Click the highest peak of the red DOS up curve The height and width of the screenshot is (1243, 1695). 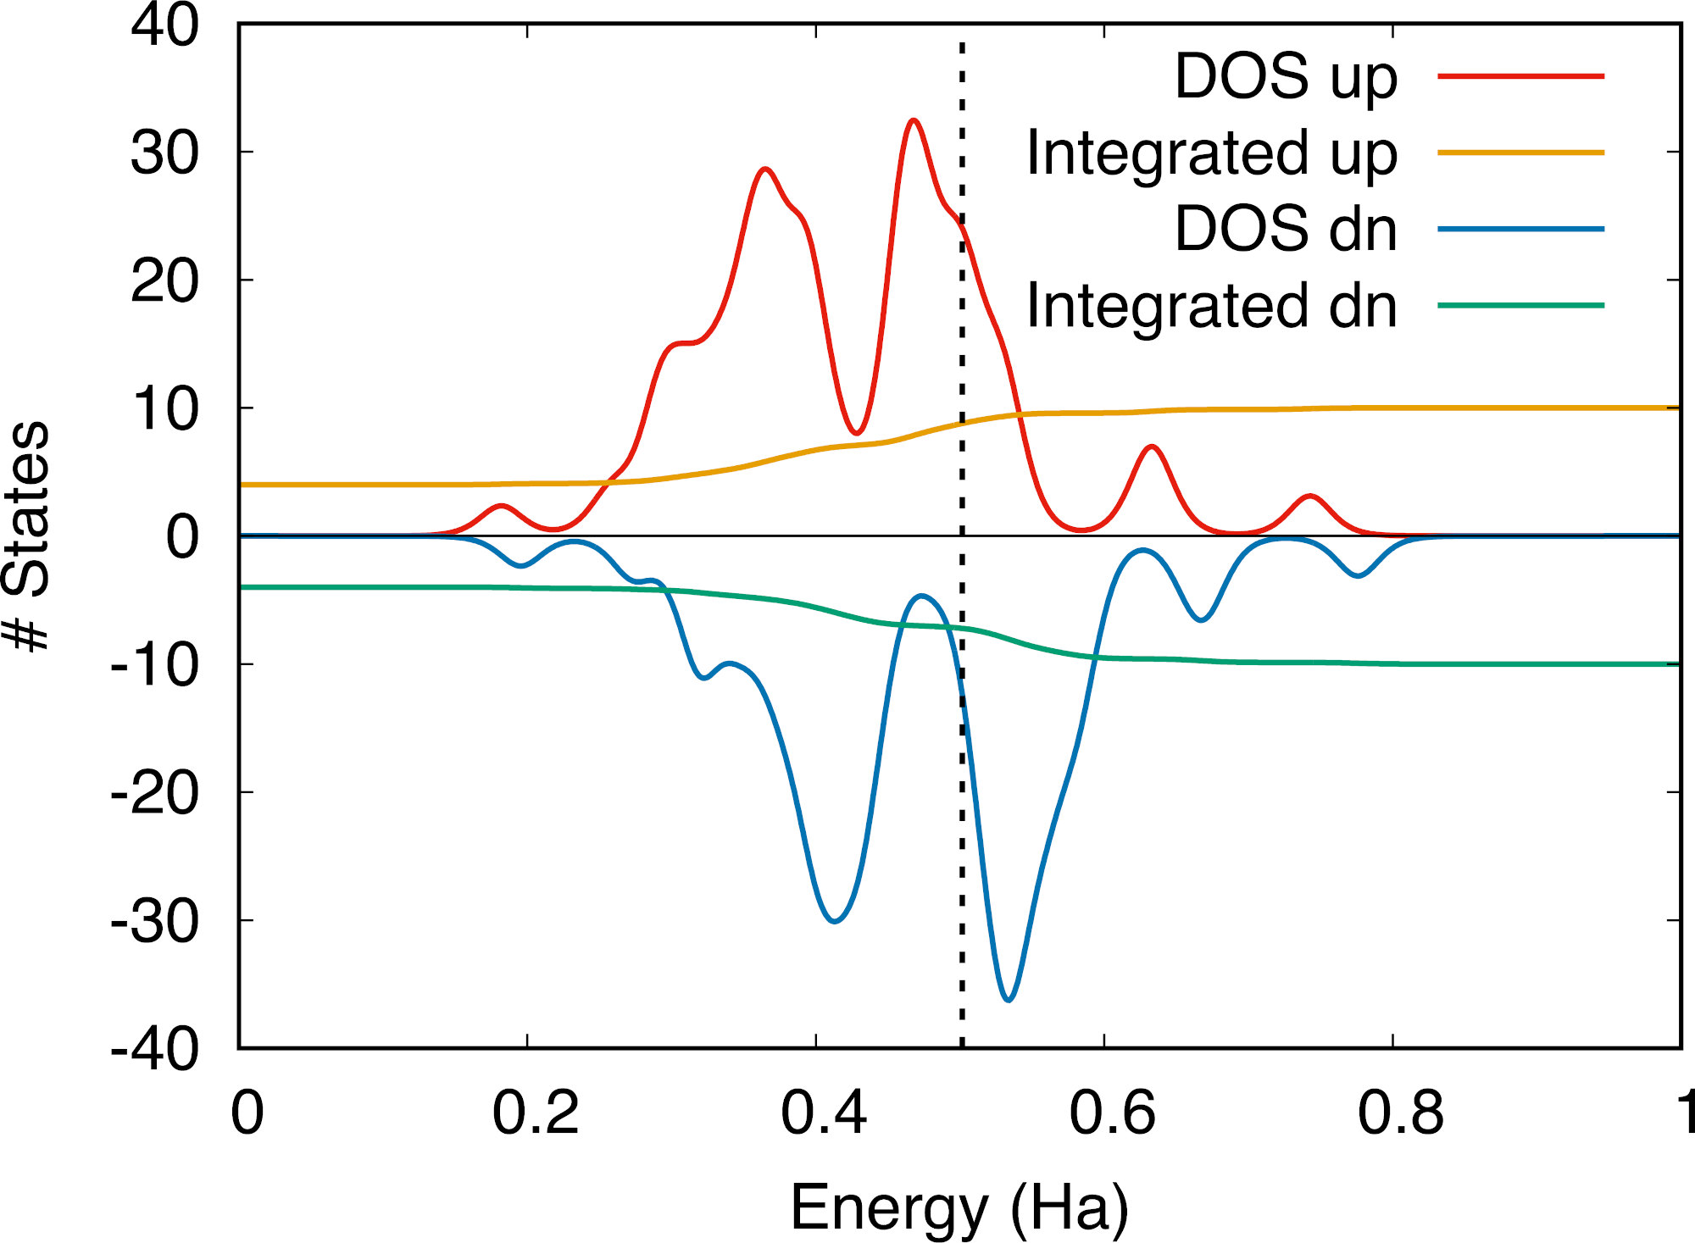pos(913,120)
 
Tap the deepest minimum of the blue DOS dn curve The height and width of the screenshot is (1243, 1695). pos(1009,1000)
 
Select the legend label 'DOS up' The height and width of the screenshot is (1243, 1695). pos(1285,77)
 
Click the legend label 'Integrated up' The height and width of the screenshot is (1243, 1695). pos(1211,153)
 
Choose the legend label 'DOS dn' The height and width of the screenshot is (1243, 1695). pos(1285,230)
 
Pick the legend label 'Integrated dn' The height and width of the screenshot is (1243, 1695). pos(1211,306)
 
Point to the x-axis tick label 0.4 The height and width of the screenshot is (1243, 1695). pos(824,1112)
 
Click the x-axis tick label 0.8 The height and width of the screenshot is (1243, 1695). pos(1400,1112)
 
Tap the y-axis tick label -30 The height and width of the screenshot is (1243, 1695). pos(155,921)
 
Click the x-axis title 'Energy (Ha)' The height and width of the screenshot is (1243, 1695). pos(959,1207)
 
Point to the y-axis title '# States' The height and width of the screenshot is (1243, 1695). pos(27,535)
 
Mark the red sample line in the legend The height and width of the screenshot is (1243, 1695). pos(1520,76)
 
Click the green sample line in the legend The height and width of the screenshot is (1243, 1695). pos(1520,305)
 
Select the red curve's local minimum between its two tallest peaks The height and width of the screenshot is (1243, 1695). pos(857,433)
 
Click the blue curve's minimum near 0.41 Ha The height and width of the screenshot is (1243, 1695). pos(835,921)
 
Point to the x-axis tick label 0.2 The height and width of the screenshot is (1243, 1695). pos(536,1112)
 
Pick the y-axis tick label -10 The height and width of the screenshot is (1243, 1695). pos(155,665)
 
